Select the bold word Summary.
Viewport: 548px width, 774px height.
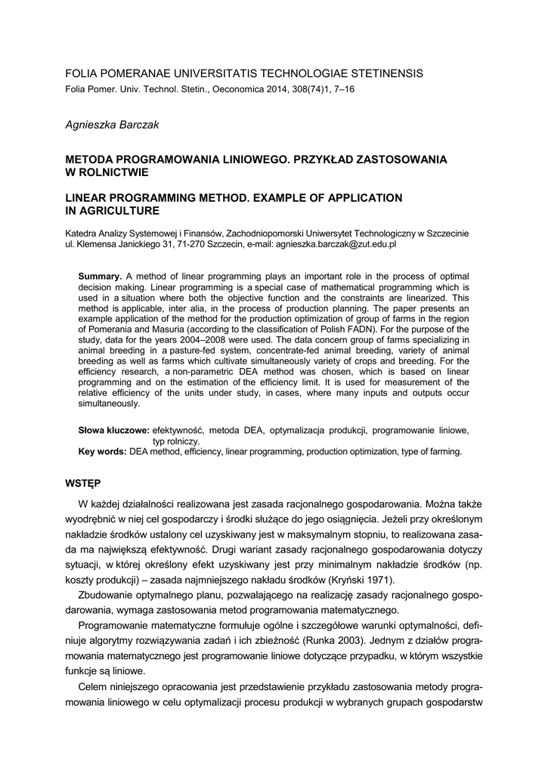click(100, 277)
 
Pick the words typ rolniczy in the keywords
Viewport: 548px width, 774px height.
click(176, 441)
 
